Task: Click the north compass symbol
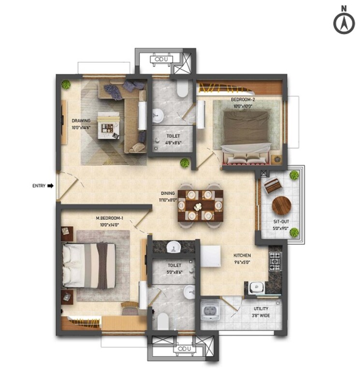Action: click(344, 22)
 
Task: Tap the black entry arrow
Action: click(50, 185)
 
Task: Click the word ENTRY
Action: click(39, 185)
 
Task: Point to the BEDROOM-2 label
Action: click(243, 100)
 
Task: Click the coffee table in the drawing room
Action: click(108, 124)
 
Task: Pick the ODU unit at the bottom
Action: click(184, 348)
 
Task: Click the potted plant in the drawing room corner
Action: click(66, 85)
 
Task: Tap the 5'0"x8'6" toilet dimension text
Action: click(174, 272)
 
